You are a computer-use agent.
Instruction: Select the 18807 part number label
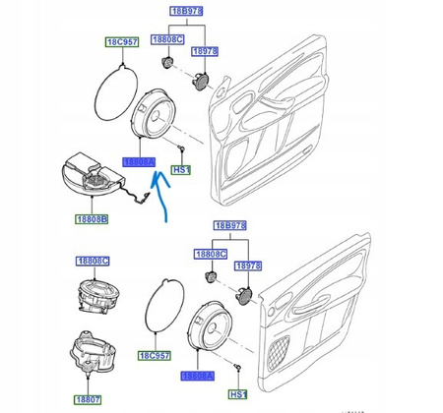click(91, 400)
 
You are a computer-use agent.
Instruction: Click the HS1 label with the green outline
click(181, 170)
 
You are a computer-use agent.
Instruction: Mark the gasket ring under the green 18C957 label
click(113, 93)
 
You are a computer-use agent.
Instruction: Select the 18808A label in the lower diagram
click(194, 376)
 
